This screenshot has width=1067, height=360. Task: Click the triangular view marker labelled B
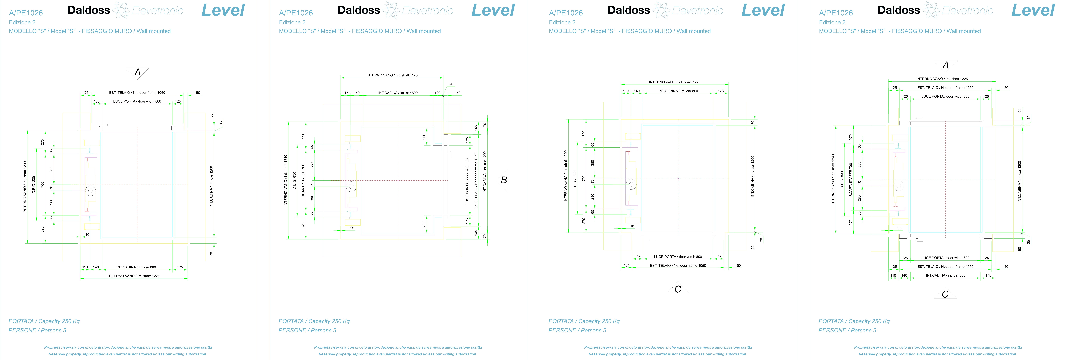click(503, 180)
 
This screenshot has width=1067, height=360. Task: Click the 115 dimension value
click(345, 93)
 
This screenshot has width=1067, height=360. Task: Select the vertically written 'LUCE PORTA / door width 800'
click(467, 180)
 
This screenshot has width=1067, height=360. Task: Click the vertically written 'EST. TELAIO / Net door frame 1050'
click(476, 180)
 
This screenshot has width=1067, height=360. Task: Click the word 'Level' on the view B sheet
click(493, 10)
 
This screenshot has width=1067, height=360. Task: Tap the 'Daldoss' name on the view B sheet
click(359, 10)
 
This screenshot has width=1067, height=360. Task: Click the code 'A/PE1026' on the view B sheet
click(296, 13)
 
